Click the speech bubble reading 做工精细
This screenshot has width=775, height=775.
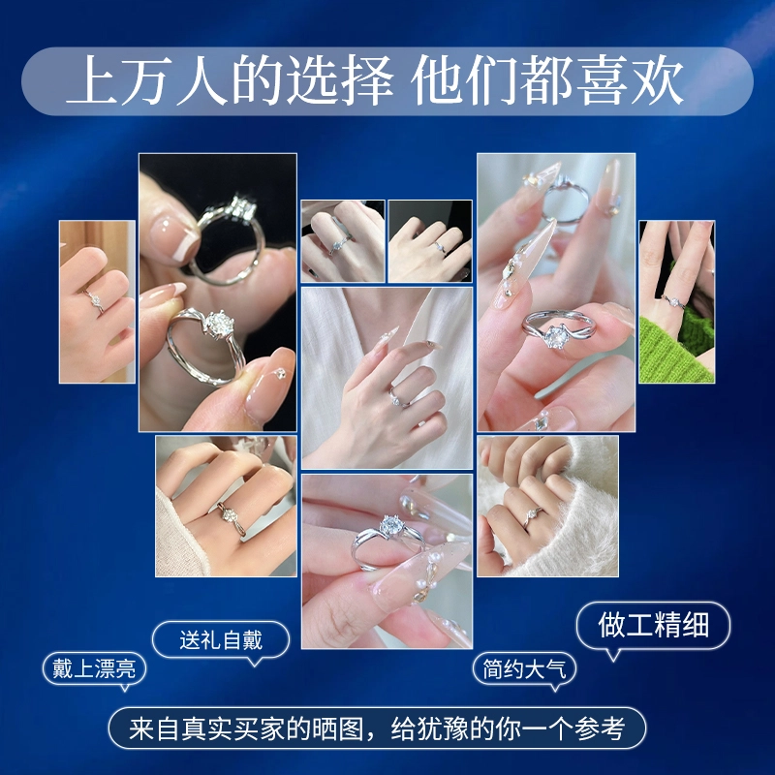click(653, 626)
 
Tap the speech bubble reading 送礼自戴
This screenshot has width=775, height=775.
click(221, 640)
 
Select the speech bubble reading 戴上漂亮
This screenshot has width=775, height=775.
click(94, 669)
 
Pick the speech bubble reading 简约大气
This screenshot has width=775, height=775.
click(524, 669)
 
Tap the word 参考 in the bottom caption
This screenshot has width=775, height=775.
click(600, 728)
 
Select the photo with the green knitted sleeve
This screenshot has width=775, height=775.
click(676, 301)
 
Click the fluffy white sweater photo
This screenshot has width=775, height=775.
click(547, 506)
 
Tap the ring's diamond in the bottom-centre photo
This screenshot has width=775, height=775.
click(391, 525)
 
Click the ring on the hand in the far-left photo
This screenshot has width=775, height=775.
click(94, 301)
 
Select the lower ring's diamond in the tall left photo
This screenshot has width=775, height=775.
click(216, 324)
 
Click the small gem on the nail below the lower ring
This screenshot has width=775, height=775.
click(281, 374)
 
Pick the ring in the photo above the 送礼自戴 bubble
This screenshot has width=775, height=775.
click(231, 518)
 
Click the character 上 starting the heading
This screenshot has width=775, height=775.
click(94, 80)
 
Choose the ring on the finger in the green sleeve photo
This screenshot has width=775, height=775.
click(673, 301)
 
